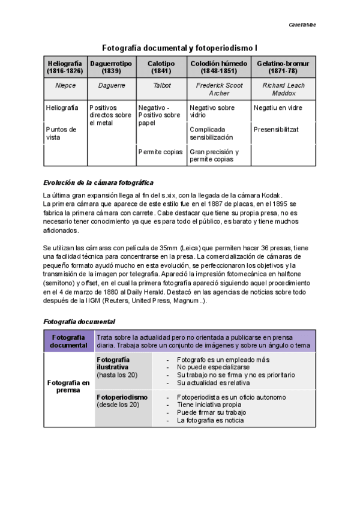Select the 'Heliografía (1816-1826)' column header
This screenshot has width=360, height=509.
pos(65,67)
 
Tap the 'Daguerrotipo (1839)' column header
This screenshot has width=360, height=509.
pos(111,67)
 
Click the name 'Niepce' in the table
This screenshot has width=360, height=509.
pos(65,86)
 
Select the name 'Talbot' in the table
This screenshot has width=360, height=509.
pos(161,86)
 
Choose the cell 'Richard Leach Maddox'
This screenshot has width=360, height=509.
pos(283,89)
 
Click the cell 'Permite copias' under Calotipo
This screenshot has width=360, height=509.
pos(160,152)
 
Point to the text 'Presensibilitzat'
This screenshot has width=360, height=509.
pos(276,129)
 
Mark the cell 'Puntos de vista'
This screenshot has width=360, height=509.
pos(61,133)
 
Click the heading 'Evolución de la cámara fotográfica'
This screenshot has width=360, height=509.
pos(99,182)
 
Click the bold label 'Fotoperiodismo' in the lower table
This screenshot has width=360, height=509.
pos(122,397)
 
